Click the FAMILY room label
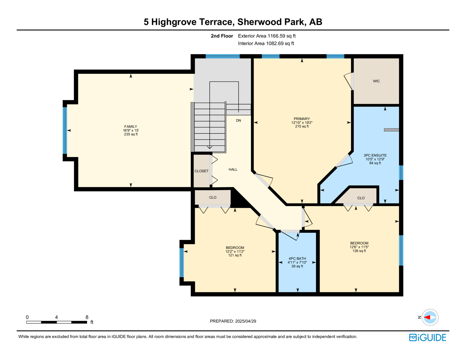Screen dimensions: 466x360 tap(130, 126)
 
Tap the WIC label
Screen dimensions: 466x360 tap(376, 81)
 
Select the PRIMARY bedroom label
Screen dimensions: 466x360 tap(302, 119)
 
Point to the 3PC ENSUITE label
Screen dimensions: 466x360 tap(375, 155)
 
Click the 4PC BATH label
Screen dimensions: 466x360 tap(297, 259)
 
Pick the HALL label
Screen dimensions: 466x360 tap(233, 170)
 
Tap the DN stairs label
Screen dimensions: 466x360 tap(239, 121)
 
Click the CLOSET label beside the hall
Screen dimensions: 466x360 tap(201, 171)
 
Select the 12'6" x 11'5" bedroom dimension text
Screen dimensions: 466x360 tap(359, 247)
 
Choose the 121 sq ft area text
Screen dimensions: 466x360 tap(235, 255)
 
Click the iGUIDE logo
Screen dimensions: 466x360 tap(427, 338)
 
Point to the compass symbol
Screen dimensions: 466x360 tap(430, 317)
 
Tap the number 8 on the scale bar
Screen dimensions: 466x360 tap(87, 317)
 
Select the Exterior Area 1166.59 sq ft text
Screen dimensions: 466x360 tap(267, 36)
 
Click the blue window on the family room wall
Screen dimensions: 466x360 tap(65, 130)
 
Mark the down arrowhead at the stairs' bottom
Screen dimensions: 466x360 tap(209, 147)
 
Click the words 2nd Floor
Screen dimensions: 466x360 tap(222, 36)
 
